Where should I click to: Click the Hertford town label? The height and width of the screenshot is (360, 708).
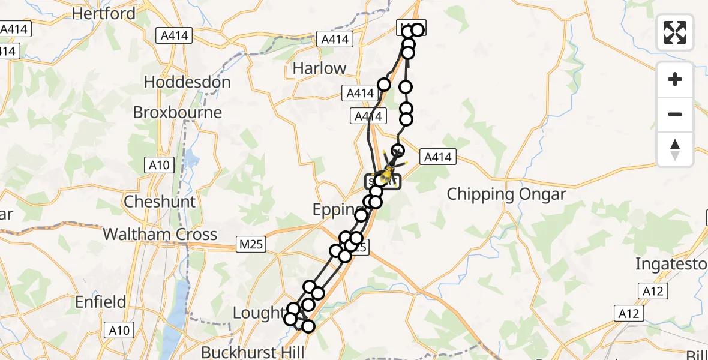(103, 13)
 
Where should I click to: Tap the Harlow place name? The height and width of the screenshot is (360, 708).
(319, 68)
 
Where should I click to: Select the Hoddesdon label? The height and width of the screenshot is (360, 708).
(187, 82)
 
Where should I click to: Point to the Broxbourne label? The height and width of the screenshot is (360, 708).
(177, 113)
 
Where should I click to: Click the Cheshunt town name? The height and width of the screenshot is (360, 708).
(160, 202)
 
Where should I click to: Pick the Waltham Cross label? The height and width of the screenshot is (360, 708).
(160, 234)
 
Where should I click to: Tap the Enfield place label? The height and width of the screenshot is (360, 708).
(101, 302)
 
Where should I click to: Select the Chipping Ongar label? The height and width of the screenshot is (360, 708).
(507, 194)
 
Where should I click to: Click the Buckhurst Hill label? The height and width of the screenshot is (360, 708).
(253, 352)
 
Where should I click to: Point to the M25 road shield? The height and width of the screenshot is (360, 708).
(250, 244)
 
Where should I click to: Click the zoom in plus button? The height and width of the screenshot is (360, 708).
(675, 79)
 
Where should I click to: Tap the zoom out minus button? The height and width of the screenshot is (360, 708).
(675, 114)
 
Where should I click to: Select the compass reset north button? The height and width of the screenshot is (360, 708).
(675, 149)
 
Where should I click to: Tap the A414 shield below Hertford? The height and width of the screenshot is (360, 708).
(175, 36)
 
